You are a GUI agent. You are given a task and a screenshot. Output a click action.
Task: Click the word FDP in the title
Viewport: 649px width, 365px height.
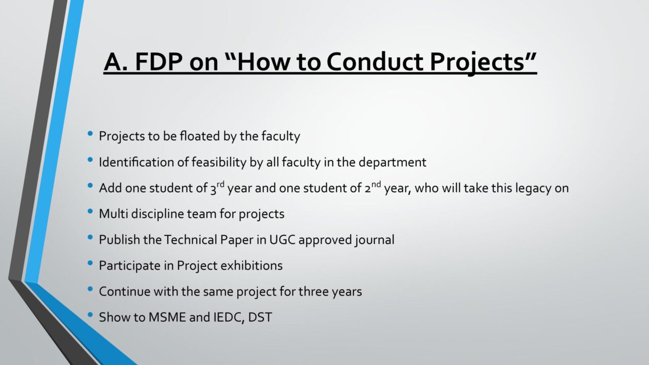point(159,62)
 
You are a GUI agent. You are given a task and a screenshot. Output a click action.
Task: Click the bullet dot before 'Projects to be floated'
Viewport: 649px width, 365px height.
point(90,133)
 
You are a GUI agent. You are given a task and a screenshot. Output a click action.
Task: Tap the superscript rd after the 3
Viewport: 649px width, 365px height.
point(221,184)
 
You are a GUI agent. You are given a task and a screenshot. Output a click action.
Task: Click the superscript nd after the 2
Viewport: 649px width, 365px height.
point(376,184)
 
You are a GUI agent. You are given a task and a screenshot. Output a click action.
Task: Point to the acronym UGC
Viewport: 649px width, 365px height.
point(282,240)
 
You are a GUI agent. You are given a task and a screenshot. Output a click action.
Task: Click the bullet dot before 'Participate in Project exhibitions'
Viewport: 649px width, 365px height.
point(90,263)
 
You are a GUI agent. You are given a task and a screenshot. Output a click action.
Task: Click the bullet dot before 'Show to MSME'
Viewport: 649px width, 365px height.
point(90,315)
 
